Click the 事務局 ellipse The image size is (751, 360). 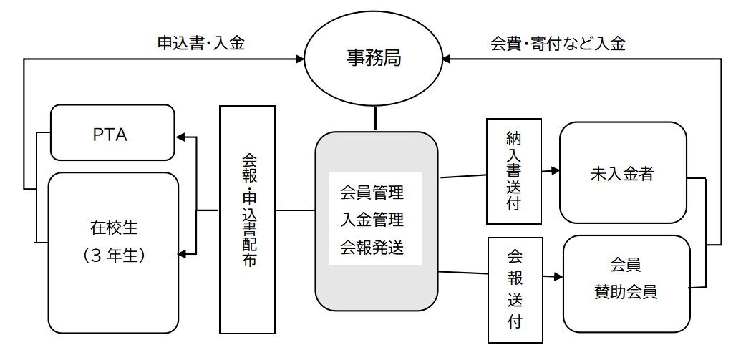click(x=374, y=60)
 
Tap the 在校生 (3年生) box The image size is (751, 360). click(x=114, y=253)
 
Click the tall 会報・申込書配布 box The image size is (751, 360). click(x=247, y=219)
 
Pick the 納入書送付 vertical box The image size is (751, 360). click(x=514, y=171)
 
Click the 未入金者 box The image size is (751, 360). click(x=623, y=172)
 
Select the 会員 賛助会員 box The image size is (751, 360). click(x=627, y=283)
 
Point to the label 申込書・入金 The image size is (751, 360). click(x=201, y=44)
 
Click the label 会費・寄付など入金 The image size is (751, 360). click(x=558, y=44)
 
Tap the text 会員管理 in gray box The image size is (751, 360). click(x=372, y=193)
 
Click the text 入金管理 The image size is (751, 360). click(x=372, y=220)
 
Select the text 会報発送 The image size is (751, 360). click(x=372, y=248)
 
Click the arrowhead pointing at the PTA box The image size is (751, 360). click(x=181, y=138)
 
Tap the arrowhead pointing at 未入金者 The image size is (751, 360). click(x=555, y=170)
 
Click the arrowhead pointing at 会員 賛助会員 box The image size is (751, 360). click(x=557, y=277)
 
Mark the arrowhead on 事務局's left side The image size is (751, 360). click(x=300, y=59)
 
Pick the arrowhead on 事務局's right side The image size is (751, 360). click(x=447, y=59)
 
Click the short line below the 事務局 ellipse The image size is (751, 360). click(x=375, y=119)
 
